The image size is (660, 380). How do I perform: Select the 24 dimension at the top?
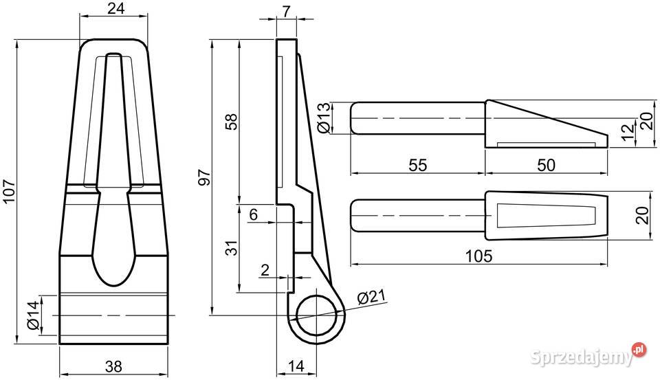(x=115, y=8)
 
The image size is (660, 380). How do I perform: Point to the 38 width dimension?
(x=113, y=366)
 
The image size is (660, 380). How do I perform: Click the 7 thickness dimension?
(x=286, y=12)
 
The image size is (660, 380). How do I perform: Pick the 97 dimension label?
(x=203, y=177)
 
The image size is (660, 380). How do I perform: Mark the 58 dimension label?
(x=232, y=121)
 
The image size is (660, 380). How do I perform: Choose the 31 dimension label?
(x=232, y=248)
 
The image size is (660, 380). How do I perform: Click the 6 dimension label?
(x=253, y=214)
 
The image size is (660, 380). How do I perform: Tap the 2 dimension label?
(x=265, y=270)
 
